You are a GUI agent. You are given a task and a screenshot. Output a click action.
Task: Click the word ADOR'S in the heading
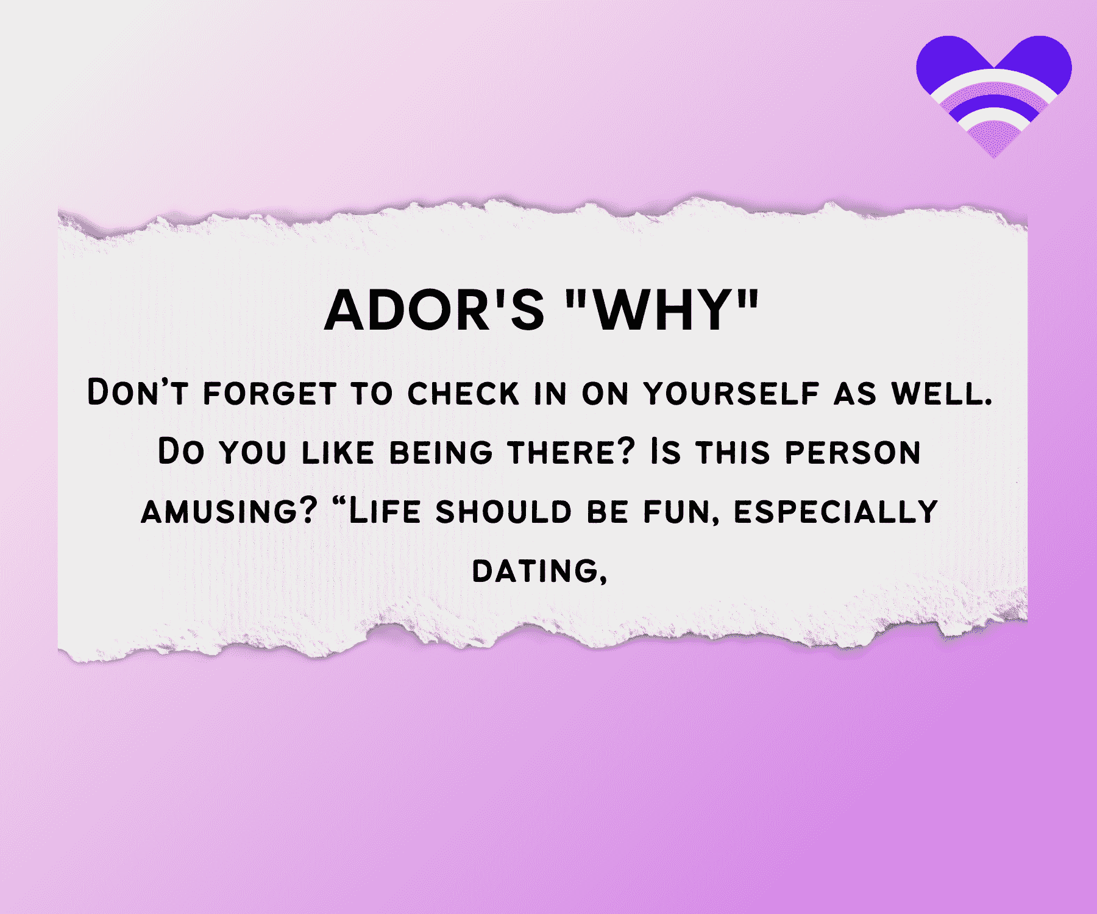(434, 310)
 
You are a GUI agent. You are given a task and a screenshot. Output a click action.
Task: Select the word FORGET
(269, 393)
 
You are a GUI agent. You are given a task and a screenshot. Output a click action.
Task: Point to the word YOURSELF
(732, 393)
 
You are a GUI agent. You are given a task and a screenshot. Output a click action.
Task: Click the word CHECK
(463, 393)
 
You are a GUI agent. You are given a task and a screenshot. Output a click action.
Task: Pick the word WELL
(942, 393)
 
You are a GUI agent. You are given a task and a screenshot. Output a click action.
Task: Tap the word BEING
(441, 452)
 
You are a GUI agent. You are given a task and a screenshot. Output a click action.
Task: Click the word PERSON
(853, 452)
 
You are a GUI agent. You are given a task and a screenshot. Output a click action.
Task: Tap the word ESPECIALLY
(836, 512)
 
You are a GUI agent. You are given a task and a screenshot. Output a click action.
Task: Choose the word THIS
(733, 452)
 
